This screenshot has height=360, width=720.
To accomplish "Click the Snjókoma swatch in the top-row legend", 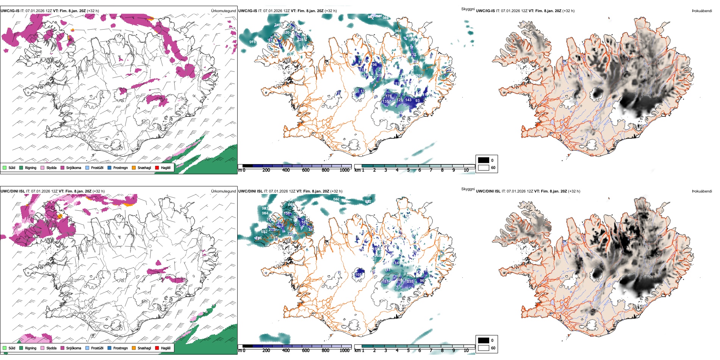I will pyautogui.click(x=63, y=167).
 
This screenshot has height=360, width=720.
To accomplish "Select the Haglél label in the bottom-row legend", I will pyautogui.click(x=166, y=348).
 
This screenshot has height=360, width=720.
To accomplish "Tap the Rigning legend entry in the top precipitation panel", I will pyautogui.click(x=30, y=167).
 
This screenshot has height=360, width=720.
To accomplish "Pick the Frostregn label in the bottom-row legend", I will pyautogui.click(x=120, y=348).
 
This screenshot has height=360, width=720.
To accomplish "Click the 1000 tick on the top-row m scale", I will pyautogui.click(x=344, y=170).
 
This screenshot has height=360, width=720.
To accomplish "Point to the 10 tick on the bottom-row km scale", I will pyautogui.click(x=466, y=351).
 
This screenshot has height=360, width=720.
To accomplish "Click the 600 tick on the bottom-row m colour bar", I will pyautogui.click(x=306, y=351).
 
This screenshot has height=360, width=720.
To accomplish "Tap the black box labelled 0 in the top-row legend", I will pyautogui.click(x=484, y=160).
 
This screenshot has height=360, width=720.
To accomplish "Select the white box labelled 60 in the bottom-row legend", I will pyautogui.click(x=484, y=348).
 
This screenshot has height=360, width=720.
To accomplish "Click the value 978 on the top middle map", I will pyautogui.click(x=252, y=42).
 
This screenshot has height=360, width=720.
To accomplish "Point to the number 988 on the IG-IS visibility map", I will pyautogui.click(x=398, y=31).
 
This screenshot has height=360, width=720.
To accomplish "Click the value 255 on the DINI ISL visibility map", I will pyautogui.click(x=410, y=282).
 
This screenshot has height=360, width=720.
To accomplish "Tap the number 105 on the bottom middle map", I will pyautogui.click(x=358, y=274).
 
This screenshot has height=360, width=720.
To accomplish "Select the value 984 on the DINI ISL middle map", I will pyautogui.click(x=265, y=213).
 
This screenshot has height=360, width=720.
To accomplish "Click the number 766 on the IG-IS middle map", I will pyautogui.click(x=419, y=76).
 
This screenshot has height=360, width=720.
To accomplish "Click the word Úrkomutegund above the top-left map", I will pyautogui.click(x=223, y=11).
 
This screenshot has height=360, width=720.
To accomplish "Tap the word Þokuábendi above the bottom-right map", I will pyautogui.click(x=702, y=191).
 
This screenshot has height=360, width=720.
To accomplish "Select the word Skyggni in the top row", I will pyautogui.click(x=468, y=9).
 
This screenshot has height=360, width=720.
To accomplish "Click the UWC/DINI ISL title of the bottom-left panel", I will pyautogui.click(x=13, y=191).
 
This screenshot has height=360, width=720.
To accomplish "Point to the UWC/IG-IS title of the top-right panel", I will pyautogui.click(x=485, y=11).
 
